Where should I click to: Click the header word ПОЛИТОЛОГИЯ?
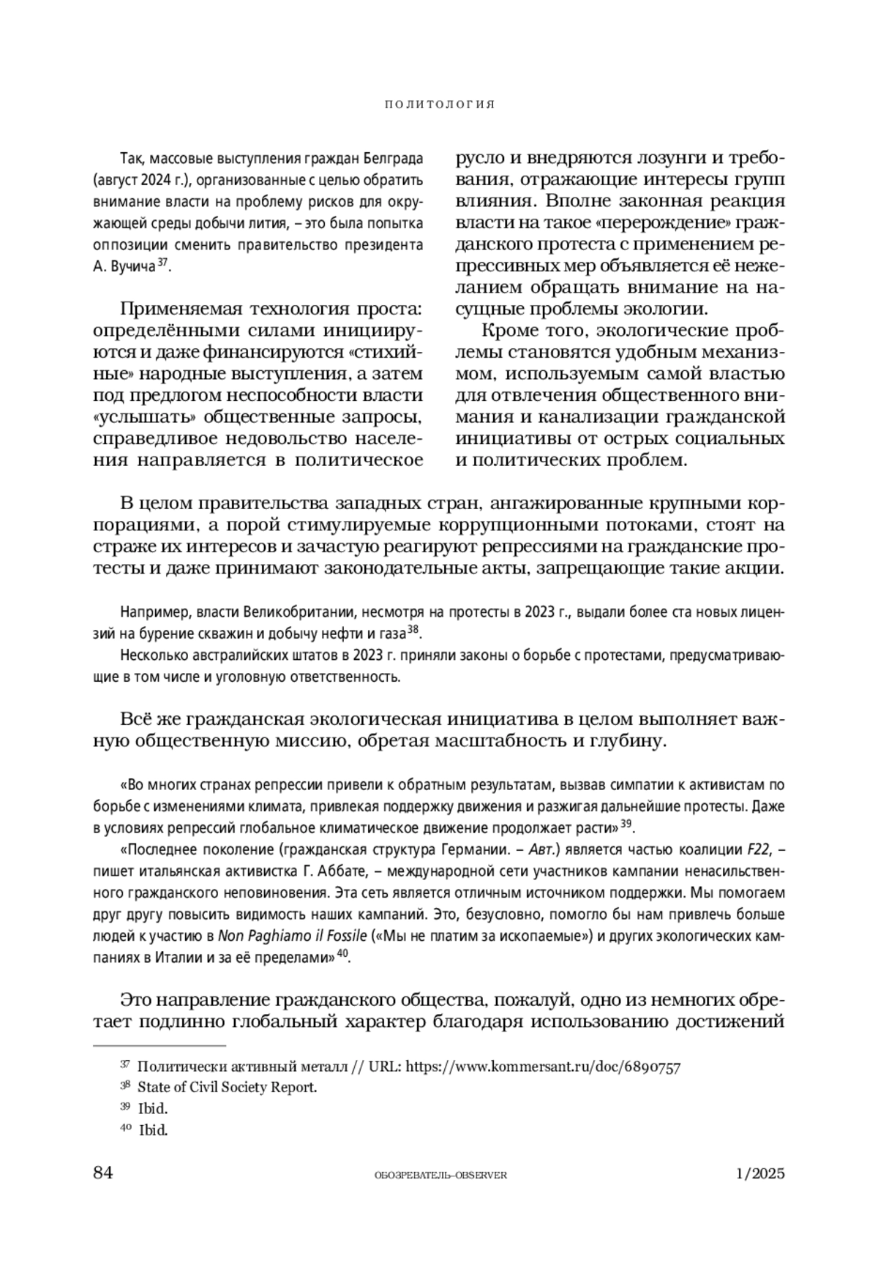click(x=439, y=105)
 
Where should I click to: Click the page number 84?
click(x=103, y=1173)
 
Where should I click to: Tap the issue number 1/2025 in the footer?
click(x=760, y=1173)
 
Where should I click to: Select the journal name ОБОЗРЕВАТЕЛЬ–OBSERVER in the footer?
click(x=440, y=1175)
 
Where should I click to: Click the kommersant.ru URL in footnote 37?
click(x=543, y=1067)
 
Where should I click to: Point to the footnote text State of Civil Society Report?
click(x=228, y=1087)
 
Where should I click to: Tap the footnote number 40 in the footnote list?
click(x=126, y=1129)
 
